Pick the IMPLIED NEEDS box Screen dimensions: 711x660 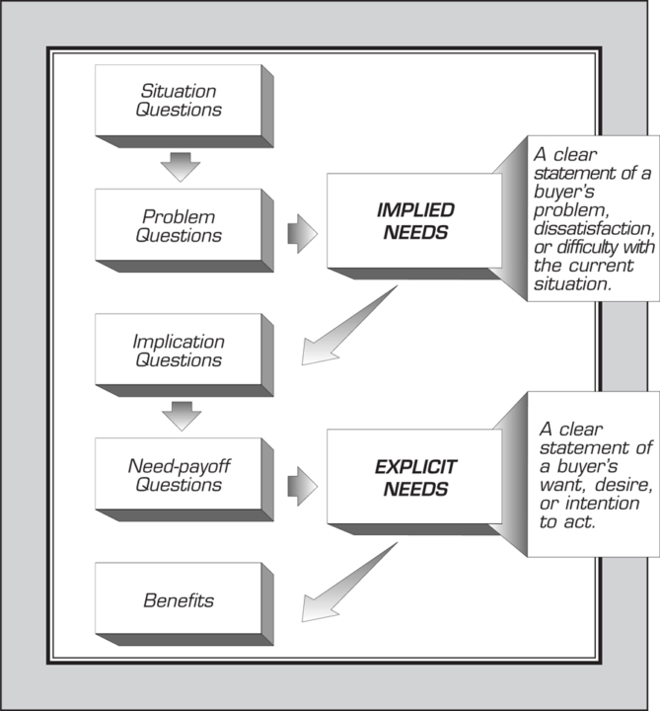point(414,219)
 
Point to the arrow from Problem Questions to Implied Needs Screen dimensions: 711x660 point(300,234)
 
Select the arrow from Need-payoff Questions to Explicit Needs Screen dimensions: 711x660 point(300,484)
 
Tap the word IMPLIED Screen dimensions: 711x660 point(414,209)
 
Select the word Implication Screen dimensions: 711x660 point(178,342)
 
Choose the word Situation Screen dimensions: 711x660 point(179,91)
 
